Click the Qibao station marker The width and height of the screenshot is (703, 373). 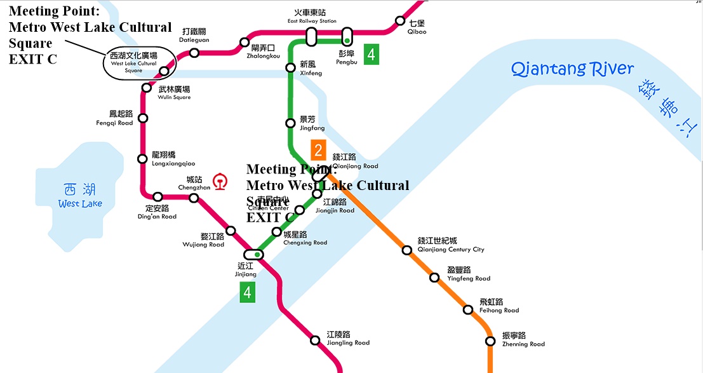click(400, 21)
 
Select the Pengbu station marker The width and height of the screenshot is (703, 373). click(347, 36)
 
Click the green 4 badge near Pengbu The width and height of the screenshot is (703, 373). click(372, 55)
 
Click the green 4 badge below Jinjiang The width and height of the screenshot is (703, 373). click(248, 292)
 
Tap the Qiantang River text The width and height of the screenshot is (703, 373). click(572, 69)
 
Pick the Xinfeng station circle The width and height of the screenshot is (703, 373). click(290, 67)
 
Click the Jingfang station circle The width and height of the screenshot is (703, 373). click(290, 123)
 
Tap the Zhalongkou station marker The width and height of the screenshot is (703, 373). click(244, 43)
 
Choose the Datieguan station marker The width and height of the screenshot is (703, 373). click(194, 52)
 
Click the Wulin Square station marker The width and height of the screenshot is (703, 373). click(147, 88)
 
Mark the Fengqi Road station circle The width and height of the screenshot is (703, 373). click(143, 118)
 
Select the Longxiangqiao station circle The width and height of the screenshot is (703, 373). click(143, 159)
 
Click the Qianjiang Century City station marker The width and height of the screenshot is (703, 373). click(407, 250)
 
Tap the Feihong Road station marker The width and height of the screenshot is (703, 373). click(468, 310)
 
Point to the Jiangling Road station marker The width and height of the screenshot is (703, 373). click(315, 340)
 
